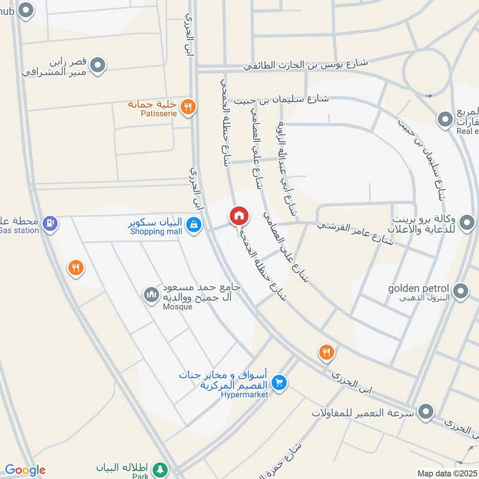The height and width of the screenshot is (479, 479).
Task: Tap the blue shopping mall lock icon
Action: coord(193,225)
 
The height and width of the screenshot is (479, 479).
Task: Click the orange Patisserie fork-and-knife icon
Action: coord(188,107)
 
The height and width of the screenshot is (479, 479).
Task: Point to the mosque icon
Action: coord(150,294)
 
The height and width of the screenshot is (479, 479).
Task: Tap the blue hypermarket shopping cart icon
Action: coord(278,381)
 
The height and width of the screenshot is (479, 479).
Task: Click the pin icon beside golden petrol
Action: coord(460,292)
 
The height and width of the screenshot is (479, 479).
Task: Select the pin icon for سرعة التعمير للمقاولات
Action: coord(426,412)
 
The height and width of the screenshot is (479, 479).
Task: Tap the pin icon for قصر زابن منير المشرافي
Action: coord(98,65)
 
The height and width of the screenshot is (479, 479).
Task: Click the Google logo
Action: coord(25,470)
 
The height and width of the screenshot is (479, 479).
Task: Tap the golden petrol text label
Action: coord(418,288)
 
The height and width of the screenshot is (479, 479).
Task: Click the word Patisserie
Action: coord(150,112)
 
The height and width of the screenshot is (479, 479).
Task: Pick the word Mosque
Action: coord(178,307)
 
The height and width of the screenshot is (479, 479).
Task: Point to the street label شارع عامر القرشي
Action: coord(355,234)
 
